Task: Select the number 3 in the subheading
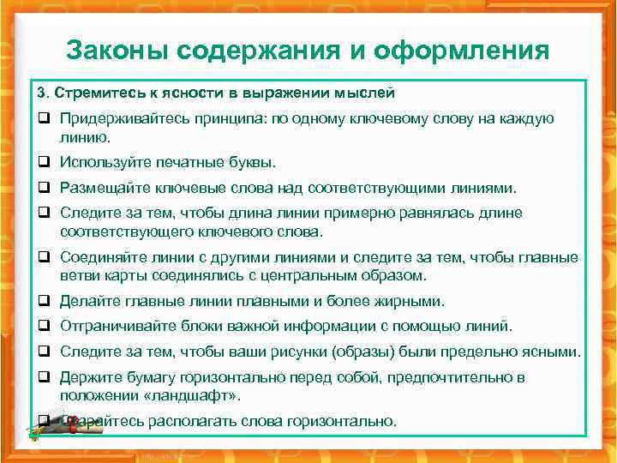(40, 92)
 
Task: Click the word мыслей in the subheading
(366, 92)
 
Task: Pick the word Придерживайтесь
(117, 119)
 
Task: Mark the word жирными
(411, 301)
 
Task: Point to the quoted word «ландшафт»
(195, 395)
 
